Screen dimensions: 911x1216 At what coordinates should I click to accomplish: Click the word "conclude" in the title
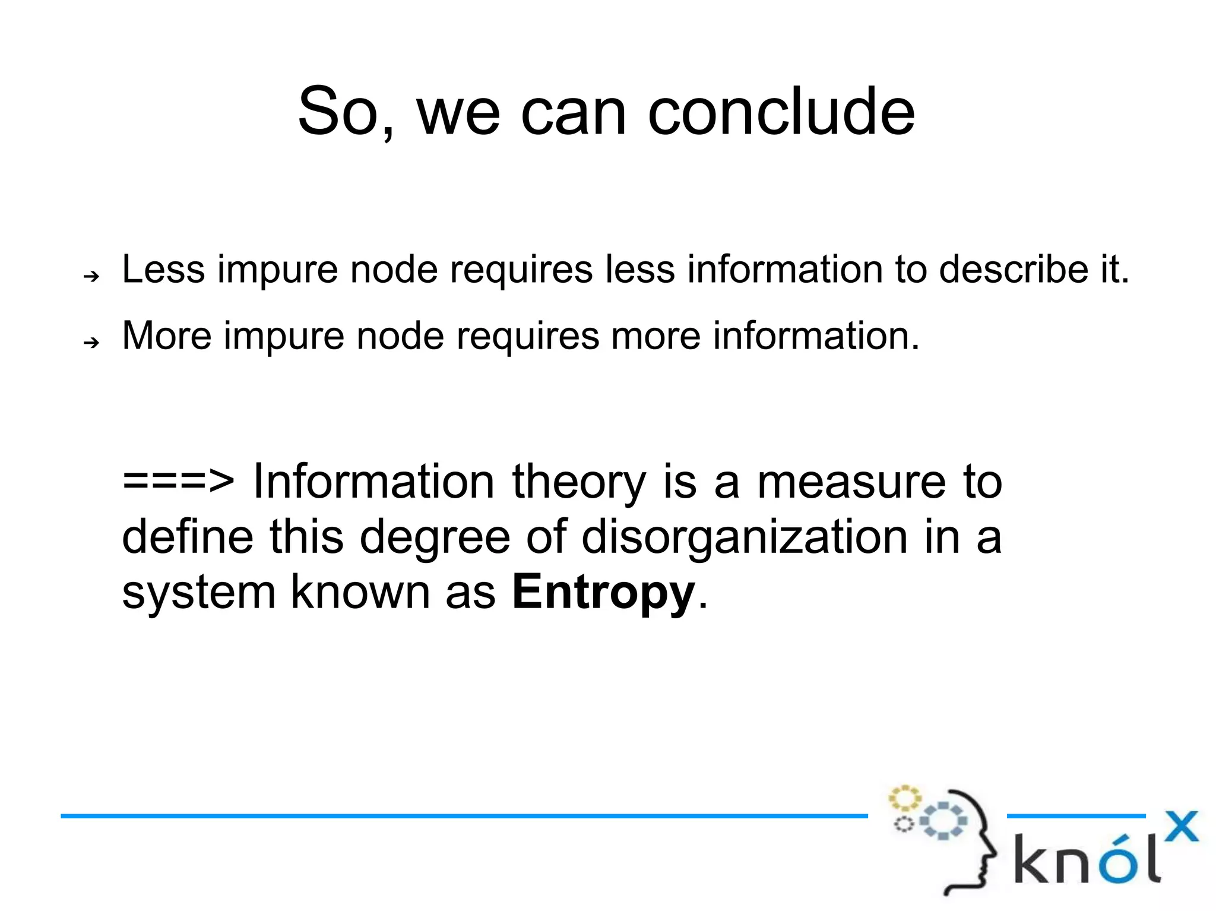781,112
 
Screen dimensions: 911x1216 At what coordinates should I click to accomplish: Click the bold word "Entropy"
603,592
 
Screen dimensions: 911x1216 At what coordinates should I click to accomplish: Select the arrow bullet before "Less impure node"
91,276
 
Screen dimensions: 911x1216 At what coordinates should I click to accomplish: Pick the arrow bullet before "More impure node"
91,342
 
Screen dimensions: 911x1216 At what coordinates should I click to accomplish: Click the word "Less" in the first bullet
163,270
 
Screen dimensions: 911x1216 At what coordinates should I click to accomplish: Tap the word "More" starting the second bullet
167,336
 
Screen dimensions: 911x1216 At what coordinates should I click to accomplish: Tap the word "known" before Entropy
360,592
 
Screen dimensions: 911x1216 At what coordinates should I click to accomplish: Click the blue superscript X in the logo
1182,826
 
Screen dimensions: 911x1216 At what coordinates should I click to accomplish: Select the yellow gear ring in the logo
904,799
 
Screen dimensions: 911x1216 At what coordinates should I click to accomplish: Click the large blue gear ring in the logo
943,821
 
